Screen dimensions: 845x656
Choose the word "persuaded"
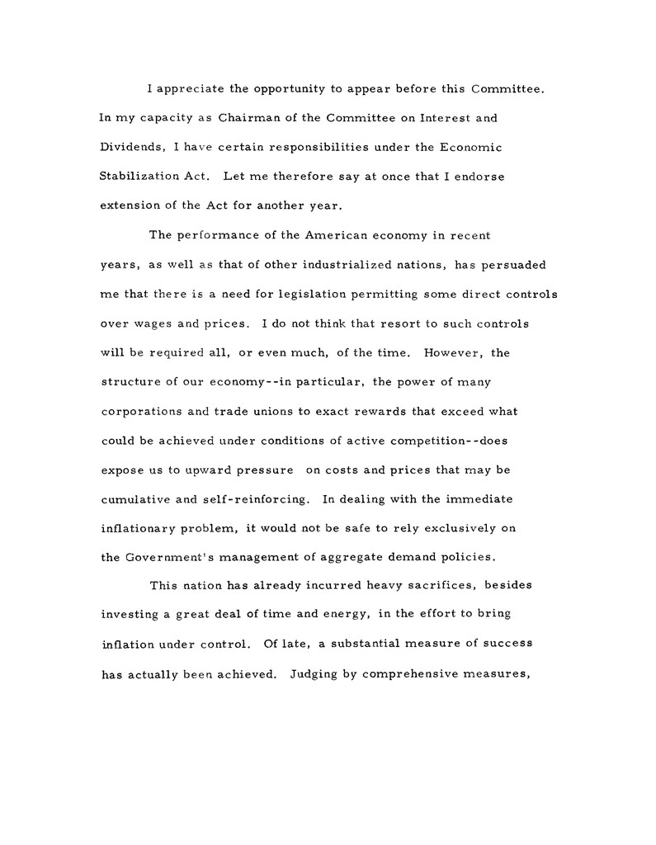[x=511, y=265]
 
